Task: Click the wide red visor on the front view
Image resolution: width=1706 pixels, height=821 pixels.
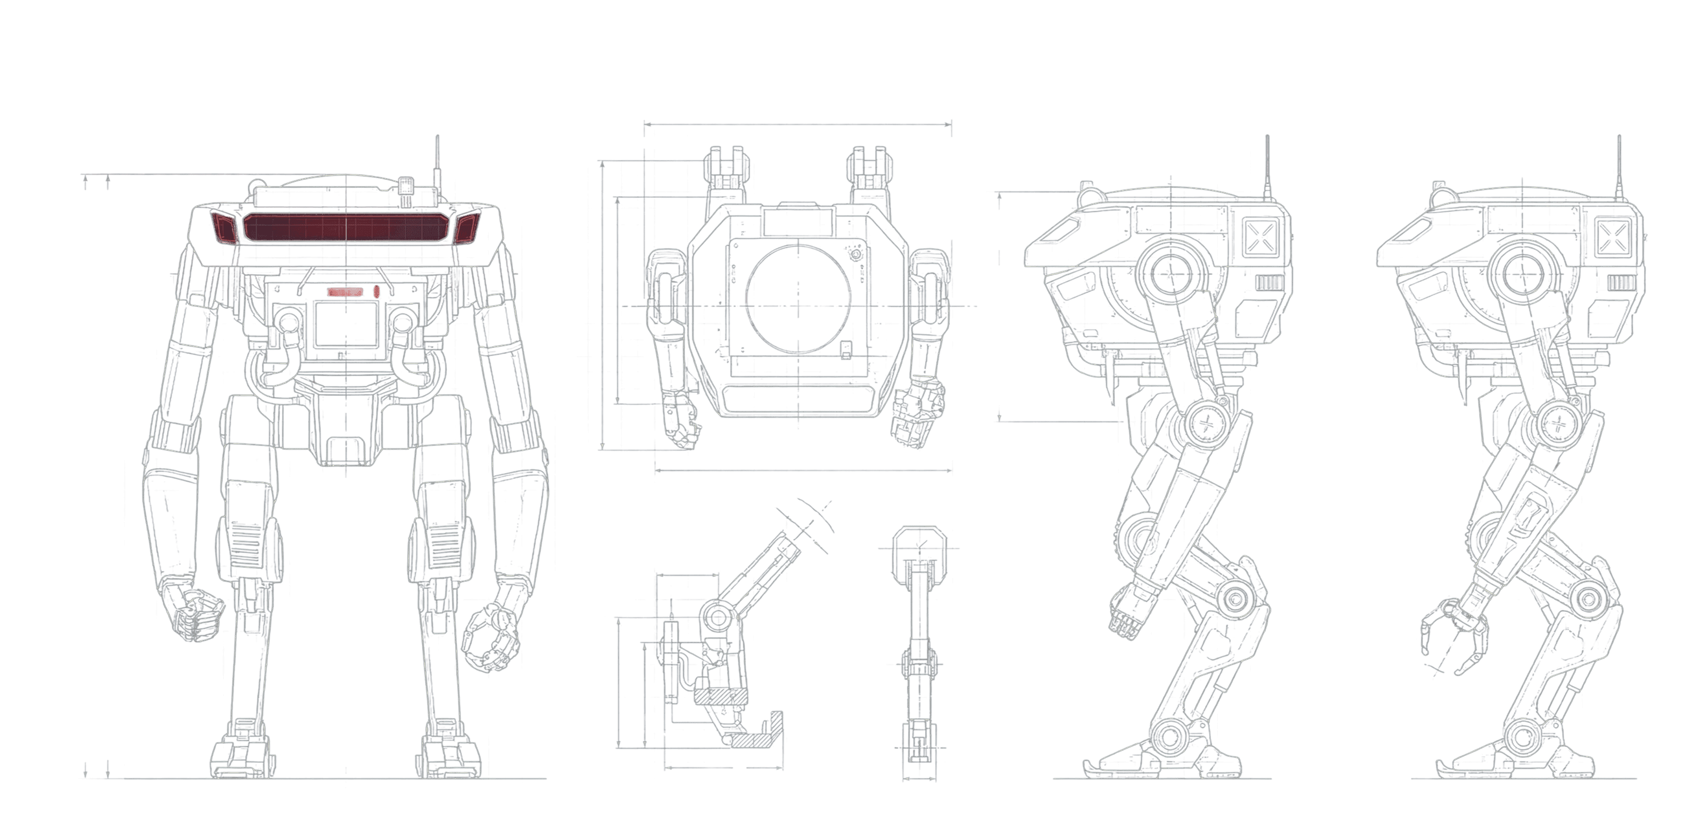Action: pos(345,227)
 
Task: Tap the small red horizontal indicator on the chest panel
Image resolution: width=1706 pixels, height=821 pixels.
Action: pos(345,291)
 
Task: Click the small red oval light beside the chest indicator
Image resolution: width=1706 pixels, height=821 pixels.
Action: pos(376,291)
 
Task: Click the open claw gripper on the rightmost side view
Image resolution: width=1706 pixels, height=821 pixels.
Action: pos(1449,636)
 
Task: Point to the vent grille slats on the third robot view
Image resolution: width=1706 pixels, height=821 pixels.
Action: pos(1269,283)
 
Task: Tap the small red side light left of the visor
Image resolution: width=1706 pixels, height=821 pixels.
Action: pos(224,228)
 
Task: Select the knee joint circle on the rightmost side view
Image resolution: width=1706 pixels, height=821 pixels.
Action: pos(1585,599)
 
